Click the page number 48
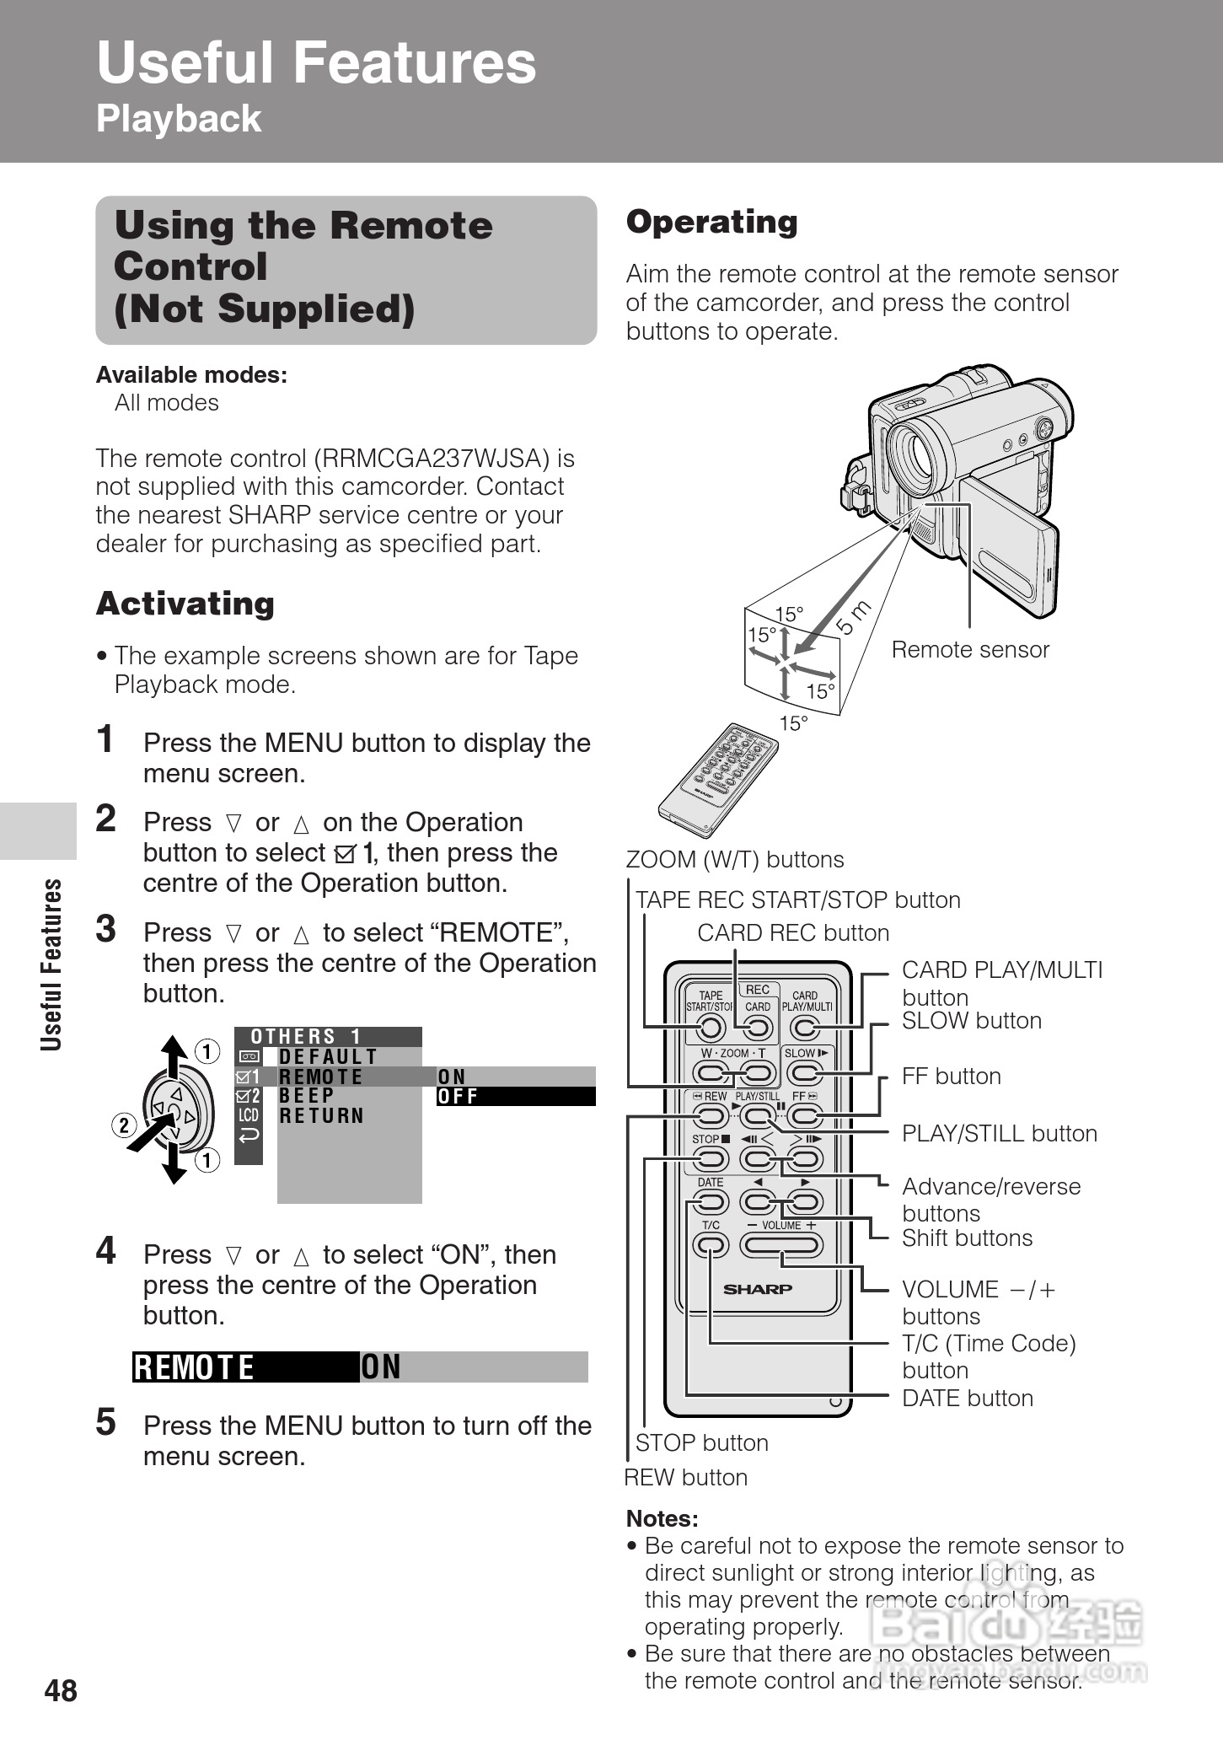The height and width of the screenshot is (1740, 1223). (61, 1691)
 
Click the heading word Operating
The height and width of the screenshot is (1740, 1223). (711, 223)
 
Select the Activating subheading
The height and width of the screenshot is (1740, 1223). (185, 604)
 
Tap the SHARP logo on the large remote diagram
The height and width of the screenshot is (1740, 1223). (758, 1289)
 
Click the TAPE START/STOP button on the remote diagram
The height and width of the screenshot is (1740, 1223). (711, 1028)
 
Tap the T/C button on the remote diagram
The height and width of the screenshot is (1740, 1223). (711, 1244)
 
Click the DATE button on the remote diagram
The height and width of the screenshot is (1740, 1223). (711, 1201)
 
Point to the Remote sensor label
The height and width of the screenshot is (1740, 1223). (970, 650)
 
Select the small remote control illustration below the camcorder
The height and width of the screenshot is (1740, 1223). (716, 771)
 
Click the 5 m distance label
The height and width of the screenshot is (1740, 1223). (854, 619)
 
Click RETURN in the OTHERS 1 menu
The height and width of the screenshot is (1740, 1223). (321, 1116)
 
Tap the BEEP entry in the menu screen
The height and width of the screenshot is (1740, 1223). (307, 1096)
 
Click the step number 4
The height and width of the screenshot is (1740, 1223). (105, 1251)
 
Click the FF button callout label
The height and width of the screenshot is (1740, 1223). (951, 1077)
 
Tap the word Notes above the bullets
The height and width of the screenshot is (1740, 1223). (662, 1519)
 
